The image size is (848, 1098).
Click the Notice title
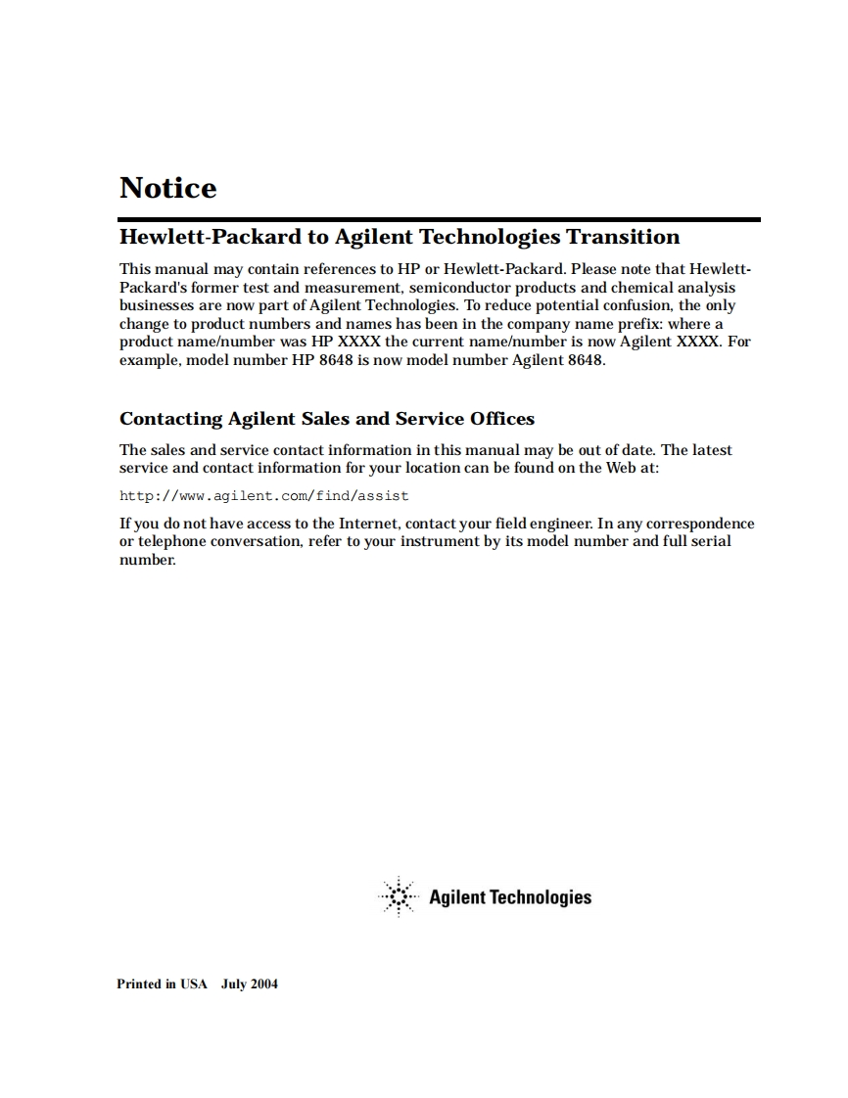pos(167,188)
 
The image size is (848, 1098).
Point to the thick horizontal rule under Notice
pos(440,219)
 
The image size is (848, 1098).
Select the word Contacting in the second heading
pos(171,419)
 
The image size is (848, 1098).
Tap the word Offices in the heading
pos(502,419)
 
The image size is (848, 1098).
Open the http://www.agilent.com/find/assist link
pos(264,495)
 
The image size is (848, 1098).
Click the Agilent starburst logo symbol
pos(397,896)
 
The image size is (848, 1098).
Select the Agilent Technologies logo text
pos(510,897)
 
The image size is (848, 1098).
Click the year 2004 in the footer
pos(264,984)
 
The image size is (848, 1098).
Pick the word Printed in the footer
pos(138,984)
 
